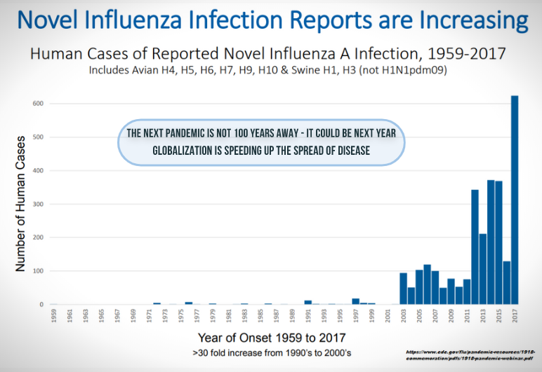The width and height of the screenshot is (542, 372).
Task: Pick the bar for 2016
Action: [x=507, y=283]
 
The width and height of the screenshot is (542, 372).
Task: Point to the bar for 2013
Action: [x=483, y=269]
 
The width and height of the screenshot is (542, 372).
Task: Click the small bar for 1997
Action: [x=355, y=301]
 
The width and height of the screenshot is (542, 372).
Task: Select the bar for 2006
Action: [x=427, y=284]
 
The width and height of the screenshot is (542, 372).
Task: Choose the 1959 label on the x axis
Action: [x=54, y=316]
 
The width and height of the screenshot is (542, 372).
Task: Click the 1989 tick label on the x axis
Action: [x=291, y=316]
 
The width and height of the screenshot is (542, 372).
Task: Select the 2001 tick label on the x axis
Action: [x=387, y=316]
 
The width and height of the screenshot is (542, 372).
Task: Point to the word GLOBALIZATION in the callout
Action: [x=184, y=150]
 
